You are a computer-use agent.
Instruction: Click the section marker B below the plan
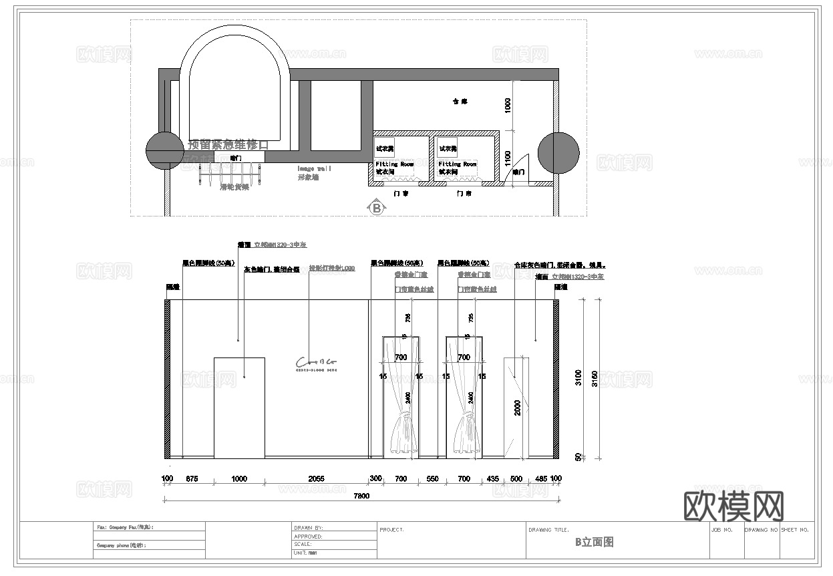click(x=377, y=208)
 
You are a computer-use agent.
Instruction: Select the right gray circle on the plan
click(x=557, y=152)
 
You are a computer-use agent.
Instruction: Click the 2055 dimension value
click(x=317, y=479)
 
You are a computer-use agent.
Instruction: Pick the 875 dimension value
click(x=192, y=479)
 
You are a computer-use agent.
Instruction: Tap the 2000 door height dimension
click(x=518, y=408)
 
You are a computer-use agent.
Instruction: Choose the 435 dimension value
click(x=492, y=479)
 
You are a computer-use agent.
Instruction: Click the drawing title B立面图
click(x=594, y=543)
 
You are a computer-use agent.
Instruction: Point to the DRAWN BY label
click(x=308, y=528)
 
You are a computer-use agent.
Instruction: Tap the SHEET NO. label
click(x=795, y=530)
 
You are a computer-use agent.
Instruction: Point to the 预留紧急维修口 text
click(x=228, y=144)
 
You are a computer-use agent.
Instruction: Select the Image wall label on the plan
click(x=314, y=168)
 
